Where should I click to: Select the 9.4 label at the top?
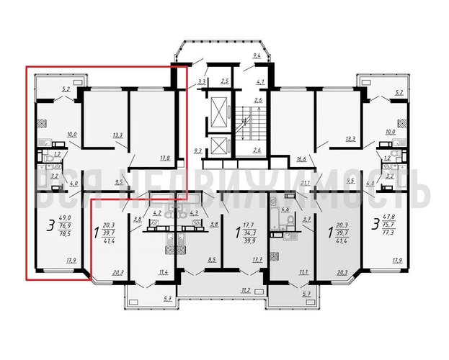point(255,55)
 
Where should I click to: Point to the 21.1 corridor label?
point(304,183)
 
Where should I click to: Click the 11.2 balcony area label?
point(245,290)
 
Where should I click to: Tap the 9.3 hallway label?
point(197,150)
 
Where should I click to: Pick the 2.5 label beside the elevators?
point(224,81)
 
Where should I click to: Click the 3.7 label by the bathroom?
point(306,219)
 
